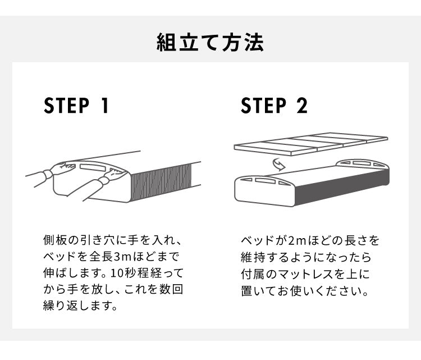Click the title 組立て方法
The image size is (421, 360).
click(x=210, y=43)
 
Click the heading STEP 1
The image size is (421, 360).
click(x=76, y=106)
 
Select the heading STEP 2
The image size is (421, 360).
click(x=274, y=106)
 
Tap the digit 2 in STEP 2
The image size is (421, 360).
click(x=301, y=106)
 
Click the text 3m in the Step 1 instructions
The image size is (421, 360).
click(x=122, y=258)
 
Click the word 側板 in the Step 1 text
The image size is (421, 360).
click(x=54, y=241)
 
